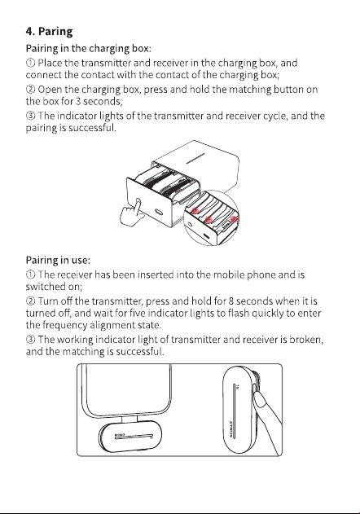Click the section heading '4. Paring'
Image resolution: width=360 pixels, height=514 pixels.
pyautogui.click(x=49, y=32)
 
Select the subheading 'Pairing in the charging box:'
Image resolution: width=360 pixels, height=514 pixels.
pyautogui.click(x=88, y=49)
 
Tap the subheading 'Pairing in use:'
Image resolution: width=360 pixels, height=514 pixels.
pyautogui.click(x=58, y=261)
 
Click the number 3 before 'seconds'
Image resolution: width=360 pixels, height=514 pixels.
pyautogui.click(x=78, y=101)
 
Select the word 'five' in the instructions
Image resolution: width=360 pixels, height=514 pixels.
pyautogui.click(x=138, y=313)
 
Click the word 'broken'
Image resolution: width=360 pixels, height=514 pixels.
pyautogui.click(x=305, y=340)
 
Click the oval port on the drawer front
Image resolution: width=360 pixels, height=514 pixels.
pyautogui.click(x=159, y=211)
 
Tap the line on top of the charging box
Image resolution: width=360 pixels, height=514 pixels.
pyautogui.click(x=195, y=158)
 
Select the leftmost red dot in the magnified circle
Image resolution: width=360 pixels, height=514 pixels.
pyautogui.click(x=195, y=210)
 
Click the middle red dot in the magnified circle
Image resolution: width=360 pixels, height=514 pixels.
pyautogui.click(x=209, y=219)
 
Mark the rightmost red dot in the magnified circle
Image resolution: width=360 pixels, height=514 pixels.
pyautogui.click(x=234, y=219)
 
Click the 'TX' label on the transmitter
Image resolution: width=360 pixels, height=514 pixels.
pyautogui.click(x=238, y=387)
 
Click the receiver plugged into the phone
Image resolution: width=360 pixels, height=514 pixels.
pyautogui.click(x=130, y=437)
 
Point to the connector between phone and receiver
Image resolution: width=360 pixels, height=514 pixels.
pyautogui.click(x=131, y=419)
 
